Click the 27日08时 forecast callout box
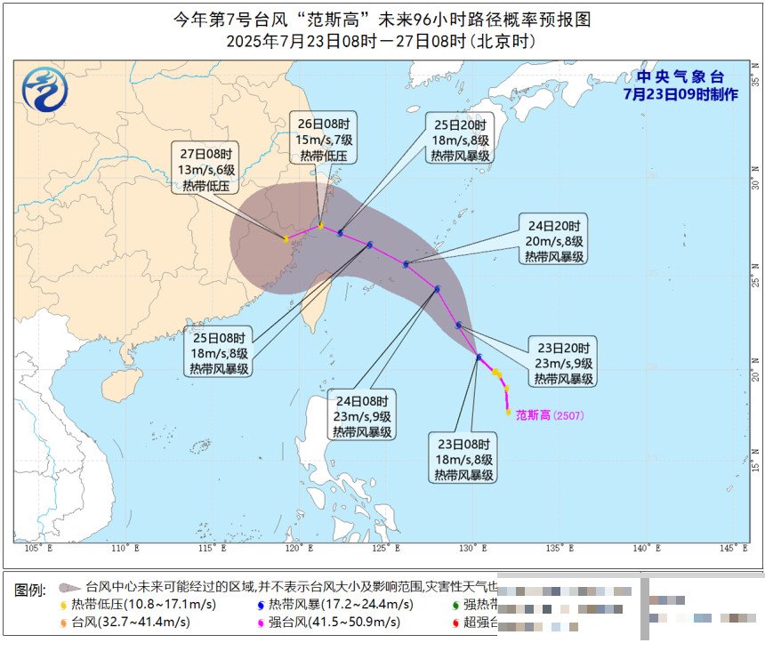click(205, 170)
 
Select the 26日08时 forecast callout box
click(321, 139)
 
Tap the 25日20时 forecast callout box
click(460, 139)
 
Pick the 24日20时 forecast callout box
click(553, 240)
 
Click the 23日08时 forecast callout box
click(464, 459)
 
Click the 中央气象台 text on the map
click(680, 77)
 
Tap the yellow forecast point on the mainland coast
click(286, 239)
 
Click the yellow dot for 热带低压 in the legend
click(64, 605)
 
